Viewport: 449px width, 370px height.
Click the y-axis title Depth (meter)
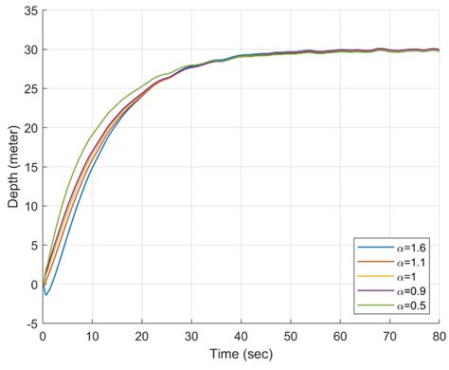tap(13, 167)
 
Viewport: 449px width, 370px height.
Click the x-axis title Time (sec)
tap(241, 354)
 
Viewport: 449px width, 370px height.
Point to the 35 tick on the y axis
tap(31, 11)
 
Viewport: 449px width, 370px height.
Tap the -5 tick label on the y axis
tap(31, 324)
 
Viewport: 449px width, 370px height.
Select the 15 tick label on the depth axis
tap(31, 167)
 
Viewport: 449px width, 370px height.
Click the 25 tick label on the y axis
tap(31, 89)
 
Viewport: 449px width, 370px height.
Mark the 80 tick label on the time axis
tap(439, 337)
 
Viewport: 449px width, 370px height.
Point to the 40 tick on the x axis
tap(241, 337)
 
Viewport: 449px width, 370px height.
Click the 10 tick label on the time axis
tap(92, 337)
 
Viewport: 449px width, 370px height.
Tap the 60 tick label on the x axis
tap(340, 337)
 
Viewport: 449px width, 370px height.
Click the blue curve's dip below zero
tap(46, 295)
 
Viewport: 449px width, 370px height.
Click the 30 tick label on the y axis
tap(31, 50)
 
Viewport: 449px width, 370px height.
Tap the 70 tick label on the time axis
tap(389, 337)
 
